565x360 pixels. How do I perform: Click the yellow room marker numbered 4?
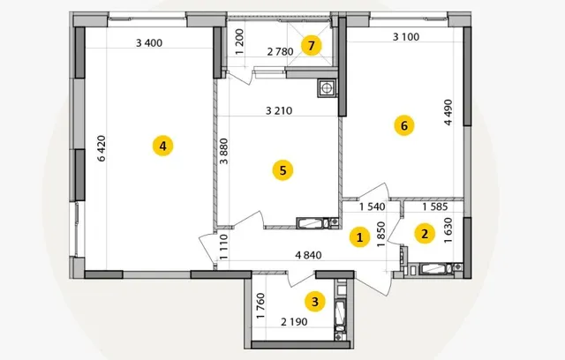point(162,146)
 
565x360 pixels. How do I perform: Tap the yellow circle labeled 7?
point(312,46)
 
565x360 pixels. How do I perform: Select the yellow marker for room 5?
point(282,170)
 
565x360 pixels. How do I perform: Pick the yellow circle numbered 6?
point(404,125)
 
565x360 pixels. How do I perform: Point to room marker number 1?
point(359,237)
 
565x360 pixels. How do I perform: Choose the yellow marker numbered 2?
point(425,234)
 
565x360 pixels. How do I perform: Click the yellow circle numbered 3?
point(315,302)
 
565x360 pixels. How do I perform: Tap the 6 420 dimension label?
point(102,148)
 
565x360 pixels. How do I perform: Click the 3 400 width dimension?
point(149,43)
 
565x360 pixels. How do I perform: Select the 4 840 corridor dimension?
point(308,255)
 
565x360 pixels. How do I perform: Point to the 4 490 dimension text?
point(448,112)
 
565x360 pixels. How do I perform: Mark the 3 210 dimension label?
point(279,110)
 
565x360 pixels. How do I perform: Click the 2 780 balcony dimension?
point(281,52)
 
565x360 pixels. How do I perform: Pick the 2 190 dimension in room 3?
point(294,322)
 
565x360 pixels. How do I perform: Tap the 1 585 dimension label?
point(435,206)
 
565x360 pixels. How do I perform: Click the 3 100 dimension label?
point(406,37)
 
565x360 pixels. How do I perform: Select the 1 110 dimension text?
point(223,247)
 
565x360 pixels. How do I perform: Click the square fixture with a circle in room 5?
point(328,88)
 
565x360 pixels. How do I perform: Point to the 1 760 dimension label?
point(261,306)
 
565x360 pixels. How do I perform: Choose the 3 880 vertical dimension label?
point(223,151)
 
